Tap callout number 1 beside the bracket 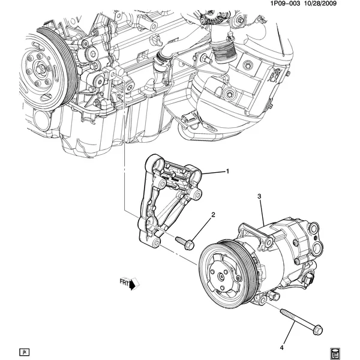click(x=228, y=172)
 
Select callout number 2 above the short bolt click(x=212, y=214)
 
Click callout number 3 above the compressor click(x=259, y=196)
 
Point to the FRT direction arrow click(x=128, y=281)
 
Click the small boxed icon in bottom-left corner click(x=24, y=350)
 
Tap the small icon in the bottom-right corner click(x=335, y=350)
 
